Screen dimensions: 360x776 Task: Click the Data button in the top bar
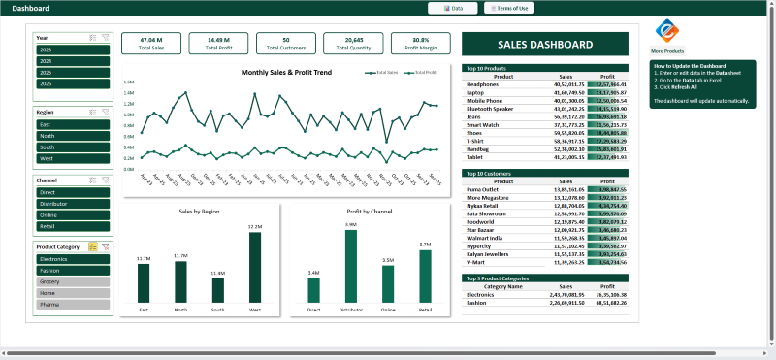455,8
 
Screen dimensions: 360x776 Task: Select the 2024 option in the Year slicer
72,60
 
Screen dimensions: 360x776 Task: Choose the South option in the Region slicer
72,147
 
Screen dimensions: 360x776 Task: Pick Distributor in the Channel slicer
72,204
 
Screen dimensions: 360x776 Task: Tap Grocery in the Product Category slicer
72,280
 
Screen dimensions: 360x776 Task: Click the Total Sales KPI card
151,43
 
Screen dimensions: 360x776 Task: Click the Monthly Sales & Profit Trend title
286,73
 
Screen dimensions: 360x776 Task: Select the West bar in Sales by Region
255,267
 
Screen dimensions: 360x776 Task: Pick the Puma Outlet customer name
482,189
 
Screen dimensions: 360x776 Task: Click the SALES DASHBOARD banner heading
544,45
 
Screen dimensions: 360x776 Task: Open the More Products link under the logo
667,50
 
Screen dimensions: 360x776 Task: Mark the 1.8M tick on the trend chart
129,82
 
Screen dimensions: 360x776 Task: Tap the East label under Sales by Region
144,310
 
